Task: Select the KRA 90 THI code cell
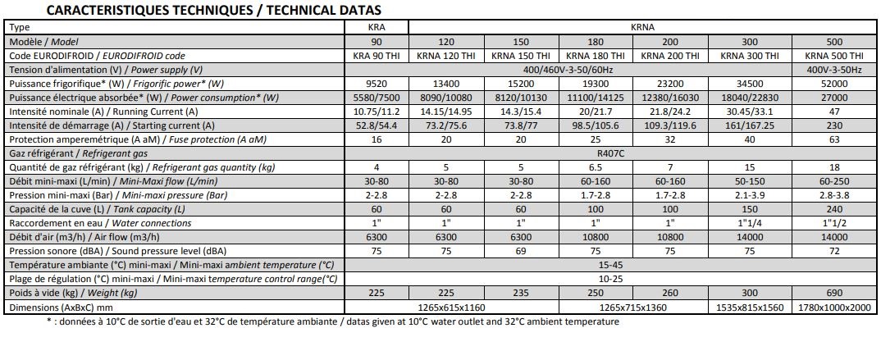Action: coord(376,56)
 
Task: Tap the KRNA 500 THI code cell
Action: coord(834,56)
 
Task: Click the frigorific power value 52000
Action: coord(834,84)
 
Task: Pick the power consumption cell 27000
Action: coord(834,98)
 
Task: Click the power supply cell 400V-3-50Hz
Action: coord(834,70)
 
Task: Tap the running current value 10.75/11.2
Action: coord(376,112)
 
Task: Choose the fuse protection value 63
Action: coord(834,139)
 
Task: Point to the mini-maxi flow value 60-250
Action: coord(834,181)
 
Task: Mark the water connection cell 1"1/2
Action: coord(834,223)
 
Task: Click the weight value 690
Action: coord(834,293)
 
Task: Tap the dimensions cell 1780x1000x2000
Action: coord(834,307)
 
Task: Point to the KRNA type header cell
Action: coord(641,27)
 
